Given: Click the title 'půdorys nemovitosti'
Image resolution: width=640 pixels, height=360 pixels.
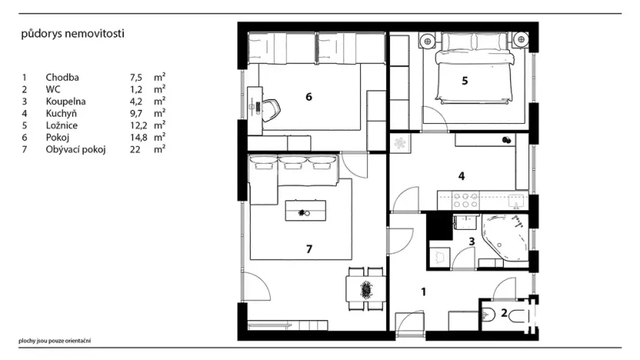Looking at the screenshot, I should tap(73, 34).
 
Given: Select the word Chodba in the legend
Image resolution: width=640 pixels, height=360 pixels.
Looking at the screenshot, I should tap(62, 78).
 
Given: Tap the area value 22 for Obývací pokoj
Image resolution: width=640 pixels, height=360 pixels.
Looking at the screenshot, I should tap(135, 149).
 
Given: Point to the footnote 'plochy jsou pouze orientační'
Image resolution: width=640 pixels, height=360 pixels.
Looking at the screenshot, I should tap(55, 340).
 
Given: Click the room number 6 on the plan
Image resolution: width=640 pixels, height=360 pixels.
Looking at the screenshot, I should tap(308, 97).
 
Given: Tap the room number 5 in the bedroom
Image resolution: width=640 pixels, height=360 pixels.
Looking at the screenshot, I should tap(465, 80).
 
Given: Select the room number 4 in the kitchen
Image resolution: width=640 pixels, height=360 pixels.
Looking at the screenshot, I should tap(462, 175).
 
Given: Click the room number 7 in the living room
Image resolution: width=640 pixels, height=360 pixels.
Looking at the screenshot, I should tap(308, 248).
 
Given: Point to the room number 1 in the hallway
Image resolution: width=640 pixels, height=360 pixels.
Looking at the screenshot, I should tap(423, 292).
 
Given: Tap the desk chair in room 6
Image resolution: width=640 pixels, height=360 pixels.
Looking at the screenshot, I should tap(272, 110).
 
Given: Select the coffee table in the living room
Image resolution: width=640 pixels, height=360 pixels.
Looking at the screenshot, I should tap(305, 211).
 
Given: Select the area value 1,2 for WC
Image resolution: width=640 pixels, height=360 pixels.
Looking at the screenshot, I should tap(136, 89).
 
